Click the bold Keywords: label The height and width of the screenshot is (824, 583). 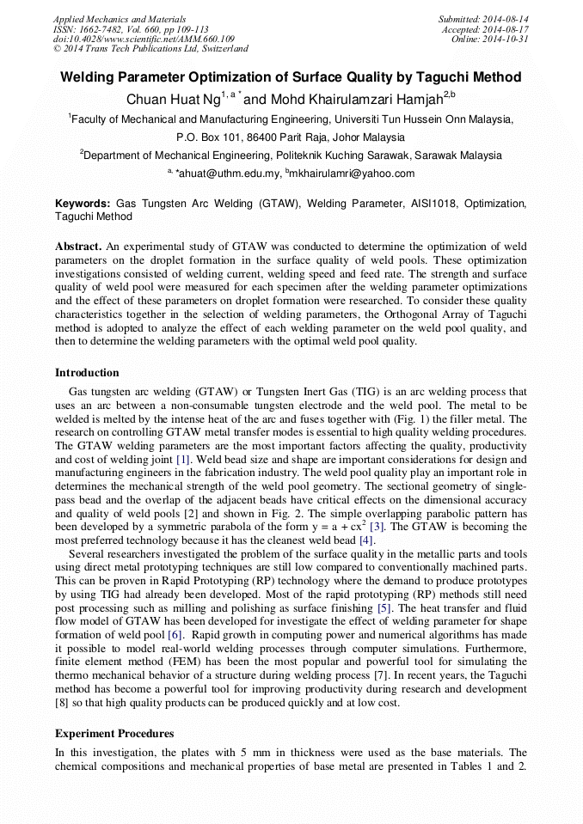point(83,204)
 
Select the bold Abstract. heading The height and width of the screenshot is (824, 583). point(79,246)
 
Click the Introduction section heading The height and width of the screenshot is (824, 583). point(87,373)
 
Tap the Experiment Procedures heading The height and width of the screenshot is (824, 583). point(114,734)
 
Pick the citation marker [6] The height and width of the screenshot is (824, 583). point(175,634)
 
